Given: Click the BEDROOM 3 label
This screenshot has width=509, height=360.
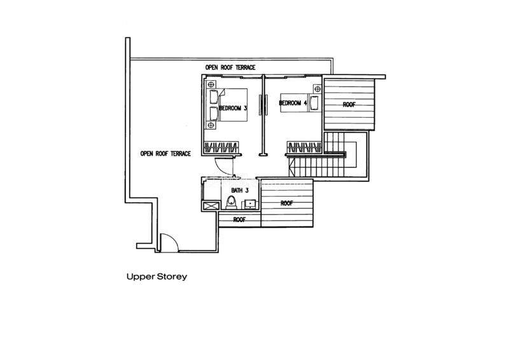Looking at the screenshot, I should point(233,108).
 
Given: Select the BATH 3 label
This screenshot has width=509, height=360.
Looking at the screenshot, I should point(231,190).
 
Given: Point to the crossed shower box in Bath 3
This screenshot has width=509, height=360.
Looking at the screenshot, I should point(209,205).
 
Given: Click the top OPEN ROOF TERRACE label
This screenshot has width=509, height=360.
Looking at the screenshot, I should point(230,67).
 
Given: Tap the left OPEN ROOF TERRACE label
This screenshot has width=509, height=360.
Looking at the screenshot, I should point(165,153).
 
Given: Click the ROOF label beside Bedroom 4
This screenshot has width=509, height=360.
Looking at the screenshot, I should point(349,104).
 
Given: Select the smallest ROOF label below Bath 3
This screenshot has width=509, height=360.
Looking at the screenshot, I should point(239,219).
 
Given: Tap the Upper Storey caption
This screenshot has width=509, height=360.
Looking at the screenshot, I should point(156,277).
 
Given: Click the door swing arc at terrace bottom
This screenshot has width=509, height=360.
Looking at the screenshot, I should point(167,242).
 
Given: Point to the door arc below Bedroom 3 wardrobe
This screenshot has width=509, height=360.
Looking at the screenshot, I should point(224,165).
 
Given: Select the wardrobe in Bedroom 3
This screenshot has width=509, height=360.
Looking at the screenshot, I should point(221,148).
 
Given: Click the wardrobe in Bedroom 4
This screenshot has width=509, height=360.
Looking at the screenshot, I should point(303,148).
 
